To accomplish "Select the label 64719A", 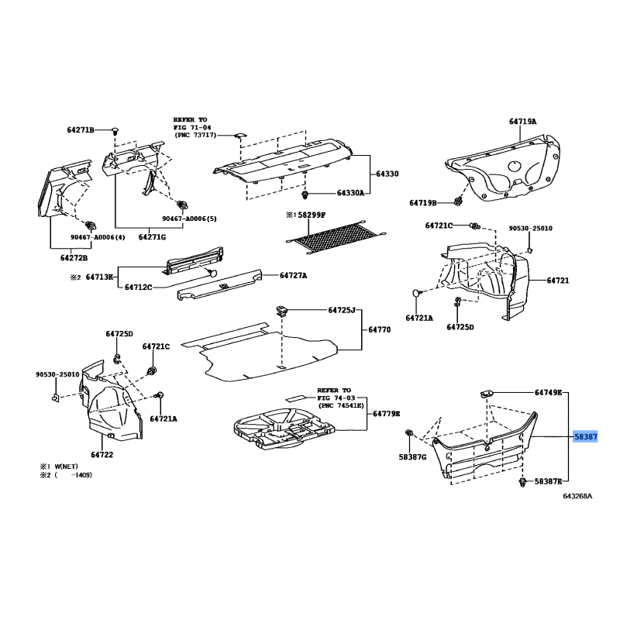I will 522,122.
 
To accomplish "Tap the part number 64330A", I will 350,193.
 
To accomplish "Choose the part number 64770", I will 379,329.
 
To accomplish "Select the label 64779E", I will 386,413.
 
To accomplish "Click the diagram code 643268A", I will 577,496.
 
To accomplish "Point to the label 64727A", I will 293,275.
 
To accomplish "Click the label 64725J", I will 337,311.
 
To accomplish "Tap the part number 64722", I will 102,454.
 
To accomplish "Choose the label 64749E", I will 548,393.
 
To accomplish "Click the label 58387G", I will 413,456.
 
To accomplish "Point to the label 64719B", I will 423,203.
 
